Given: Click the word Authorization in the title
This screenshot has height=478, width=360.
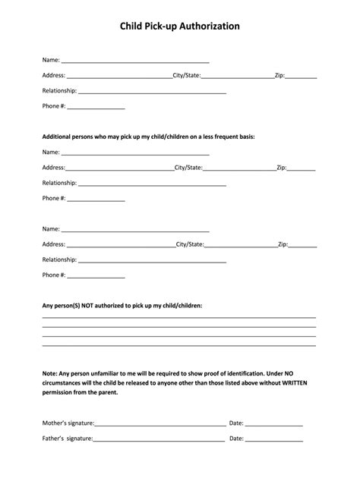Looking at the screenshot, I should [206, 26].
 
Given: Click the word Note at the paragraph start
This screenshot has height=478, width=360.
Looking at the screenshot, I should [49, 373].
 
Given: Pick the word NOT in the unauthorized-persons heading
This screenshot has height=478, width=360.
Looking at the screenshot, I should [96, 305].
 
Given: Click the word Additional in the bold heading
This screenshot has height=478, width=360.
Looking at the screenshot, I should [58, 137].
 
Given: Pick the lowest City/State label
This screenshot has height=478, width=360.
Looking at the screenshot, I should [190, 244].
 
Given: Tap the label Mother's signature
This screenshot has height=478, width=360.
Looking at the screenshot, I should [68, 423].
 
